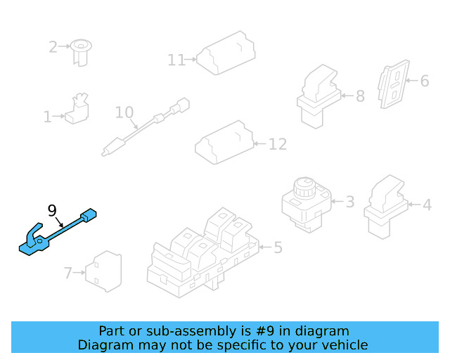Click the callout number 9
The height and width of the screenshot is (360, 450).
[52, 211]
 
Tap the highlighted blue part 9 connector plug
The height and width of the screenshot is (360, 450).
[89, 215]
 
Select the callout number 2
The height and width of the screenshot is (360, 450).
[53, 47]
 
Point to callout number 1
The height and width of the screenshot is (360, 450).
[47, 117]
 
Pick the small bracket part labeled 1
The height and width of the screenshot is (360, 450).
[77, 108]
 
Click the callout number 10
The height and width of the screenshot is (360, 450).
[124, 112]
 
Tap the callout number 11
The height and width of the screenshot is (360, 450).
[176, 60]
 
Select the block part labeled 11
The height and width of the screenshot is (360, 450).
[226, 53]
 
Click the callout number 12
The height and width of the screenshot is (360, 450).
[278, 144]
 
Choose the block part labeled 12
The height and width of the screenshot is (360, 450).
[224, 143]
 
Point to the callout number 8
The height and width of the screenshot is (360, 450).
[360, 96]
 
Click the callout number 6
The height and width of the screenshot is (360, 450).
[425, 81]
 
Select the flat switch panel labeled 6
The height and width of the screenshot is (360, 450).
[394, 84]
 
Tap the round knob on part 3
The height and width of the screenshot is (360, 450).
[304, 188]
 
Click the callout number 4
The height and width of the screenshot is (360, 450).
[427, 205]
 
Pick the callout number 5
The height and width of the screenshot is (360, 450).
[278, 247]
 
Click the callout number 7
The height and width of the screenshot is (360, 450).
[68, 273]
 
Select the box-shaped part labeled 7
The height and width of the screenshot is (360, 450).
[103, 271]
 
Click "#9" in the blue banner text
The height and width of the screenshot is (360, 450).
[265, 331]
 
